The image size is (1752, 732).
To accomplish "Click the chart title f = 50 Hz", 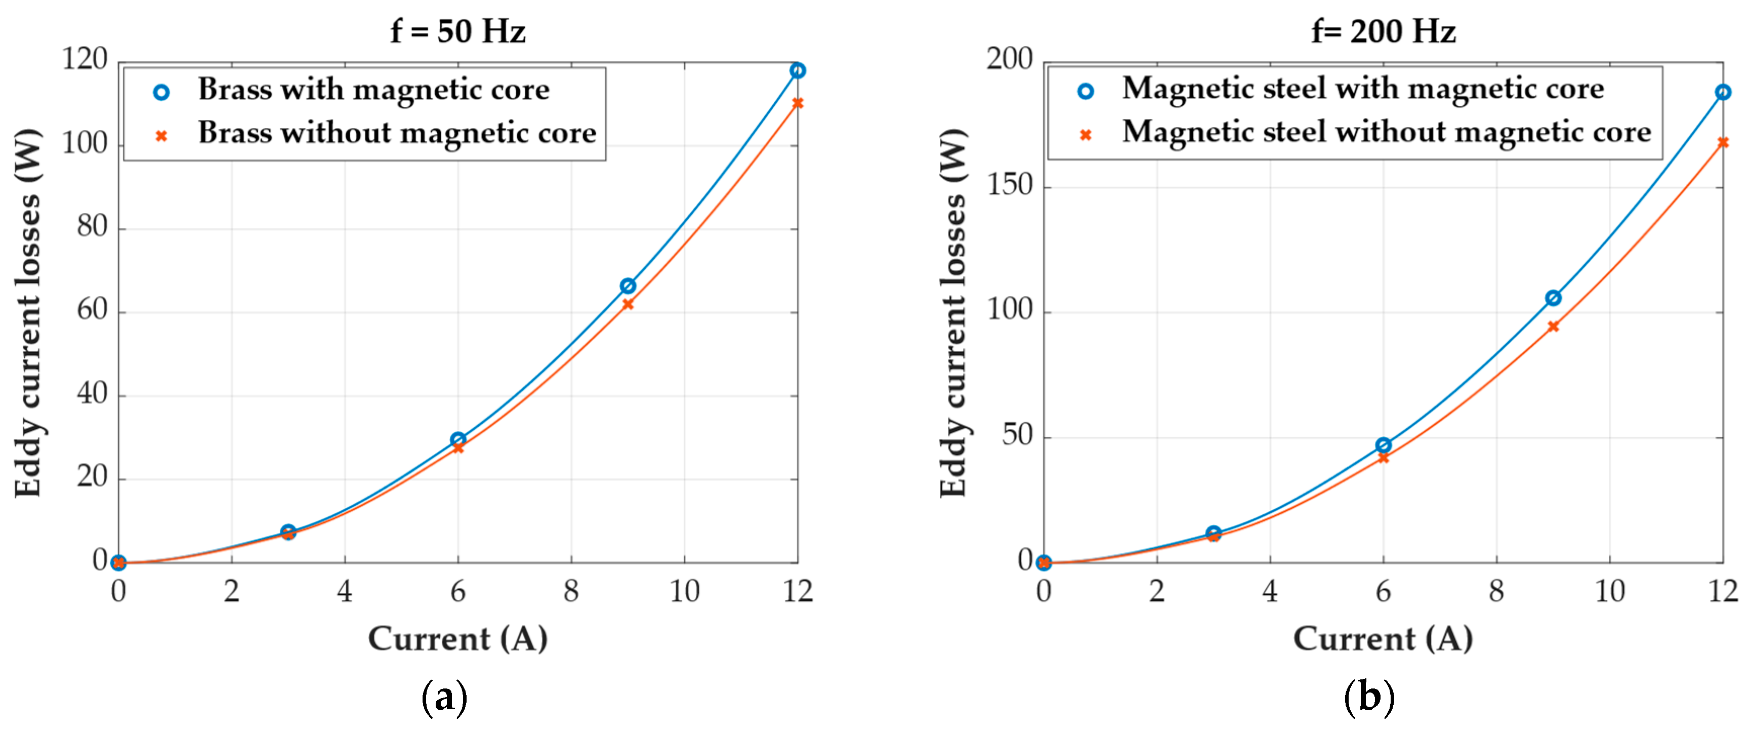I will point(457,31).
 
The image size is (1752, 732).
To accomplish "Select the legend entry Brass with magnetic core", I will point(373,90).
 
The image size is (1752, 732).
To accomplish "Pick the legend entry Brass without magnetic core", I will point(397,133).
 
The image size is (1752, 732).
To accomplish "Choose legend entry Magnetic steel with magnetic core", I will point(1362,89).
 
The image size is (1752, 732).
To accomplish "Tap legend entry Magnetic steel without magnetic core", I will point(1386,132).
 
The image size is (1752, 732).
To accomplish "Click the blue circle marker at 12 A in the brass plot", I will point(797,71).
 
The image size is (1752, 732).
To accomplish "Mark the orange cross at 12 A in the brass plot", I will point(797,103).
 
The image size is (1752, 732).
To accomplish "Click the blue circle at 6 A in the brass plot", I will point(457,439).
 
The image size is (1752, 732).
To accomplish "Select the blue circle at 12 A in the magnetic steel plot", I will point(1722,92).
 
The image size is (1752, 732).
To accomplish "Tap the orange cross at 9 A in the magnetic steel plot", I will point(1553,327).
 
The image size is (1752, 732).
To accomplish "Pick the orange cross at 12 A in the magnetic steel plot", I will point(1722,143).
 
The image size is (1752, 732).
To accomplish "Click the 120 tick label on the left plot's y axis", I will point(85,60).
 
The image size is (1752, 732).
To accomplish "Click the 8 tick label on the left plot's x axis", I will point(571,592).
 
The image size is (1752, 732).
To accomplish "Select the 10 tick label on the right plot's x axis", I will point(1609,592).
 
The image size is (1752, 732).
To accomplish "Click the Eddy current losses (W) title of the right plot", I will point(953,313).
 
